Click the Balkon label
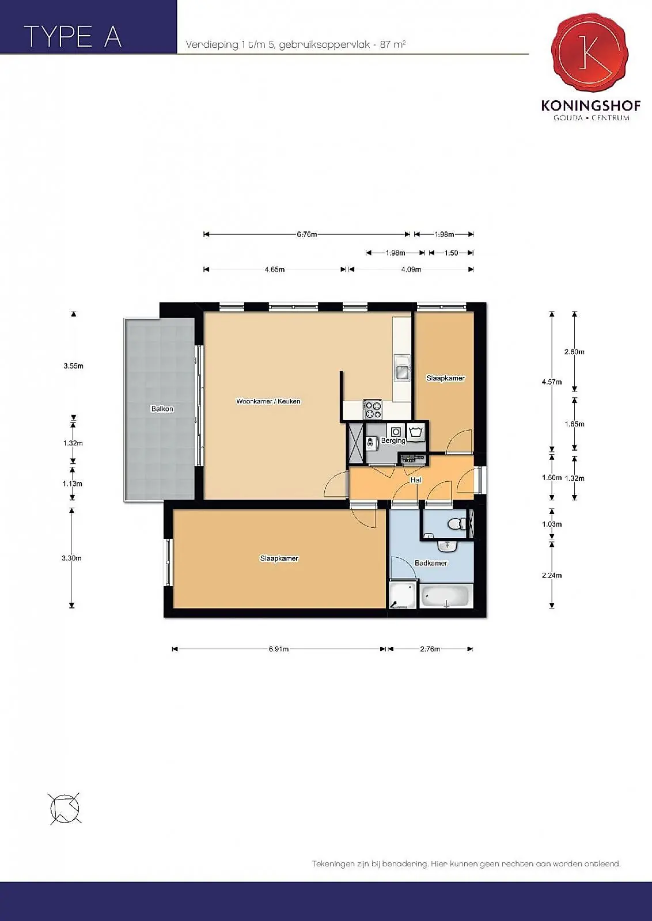[162, 409]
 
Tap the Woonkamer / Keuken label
[268, 401]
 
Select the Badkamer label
[431, 563]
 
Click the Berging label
[393, 440]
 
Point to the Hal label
[415, 480]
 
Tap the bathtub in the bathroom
[444, 596]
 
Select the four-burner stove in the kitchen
[373, 410]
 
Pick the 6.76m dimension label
[307, 234]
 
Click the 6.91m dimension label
[279, 649]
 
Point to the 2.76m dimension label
[430, 649]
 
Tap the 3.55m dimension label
[74, 366]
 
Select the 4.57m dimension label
[552, 382]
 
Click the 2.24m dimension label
[552, 575]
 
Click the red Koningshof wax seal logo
[590, 52]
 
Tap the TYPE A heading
[73, 37]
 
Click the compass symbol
[65, 808]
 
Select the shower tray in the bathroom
[403, 595]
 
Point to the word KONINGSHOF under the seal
[591, 106]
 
